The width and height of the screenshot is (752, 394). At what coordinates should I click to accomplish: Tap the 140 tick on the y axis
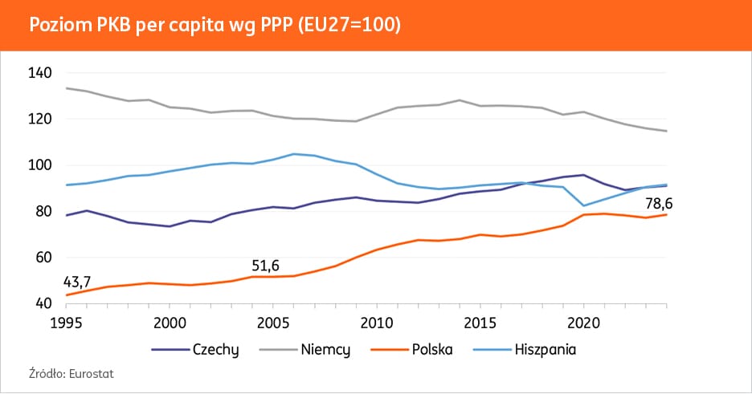tap(40, 73)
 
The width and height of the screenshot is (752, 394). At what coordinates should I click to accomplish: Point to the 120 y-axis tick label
tap(40, 120)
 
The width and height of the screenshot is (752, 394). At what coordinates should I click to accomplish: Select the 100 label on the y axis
tap(40, 165)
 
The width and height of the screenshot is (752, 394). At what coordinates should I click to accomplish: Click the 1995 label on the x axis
tap(67, 321)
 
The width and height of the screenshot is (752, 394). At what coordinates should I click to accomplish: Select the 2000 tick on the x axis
tap(169, 321)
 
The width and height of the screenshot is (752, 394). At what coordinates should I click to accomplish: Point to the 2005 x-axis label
tap(272, 321)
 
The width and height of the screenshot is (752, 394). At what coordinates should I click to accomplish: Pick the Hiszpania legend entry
tap(546, 350)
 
